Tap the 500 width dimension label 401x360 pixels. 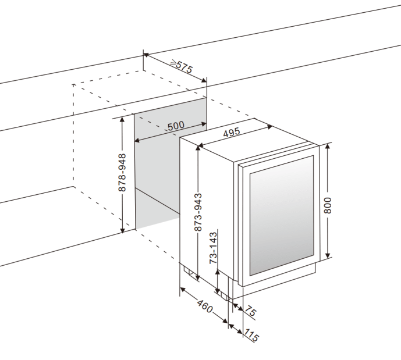click(x=175, y=126)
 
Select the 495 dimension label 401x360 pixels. click(x=231, y=133)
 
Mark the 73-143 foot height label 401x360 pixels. click(x=214, y=249)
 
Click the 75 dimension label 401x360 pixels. click(x=250, y=312)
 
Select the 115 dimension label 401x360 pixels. click(x=251, y=336)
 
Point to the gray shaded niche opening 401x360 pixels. click(x=157, y=169)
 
